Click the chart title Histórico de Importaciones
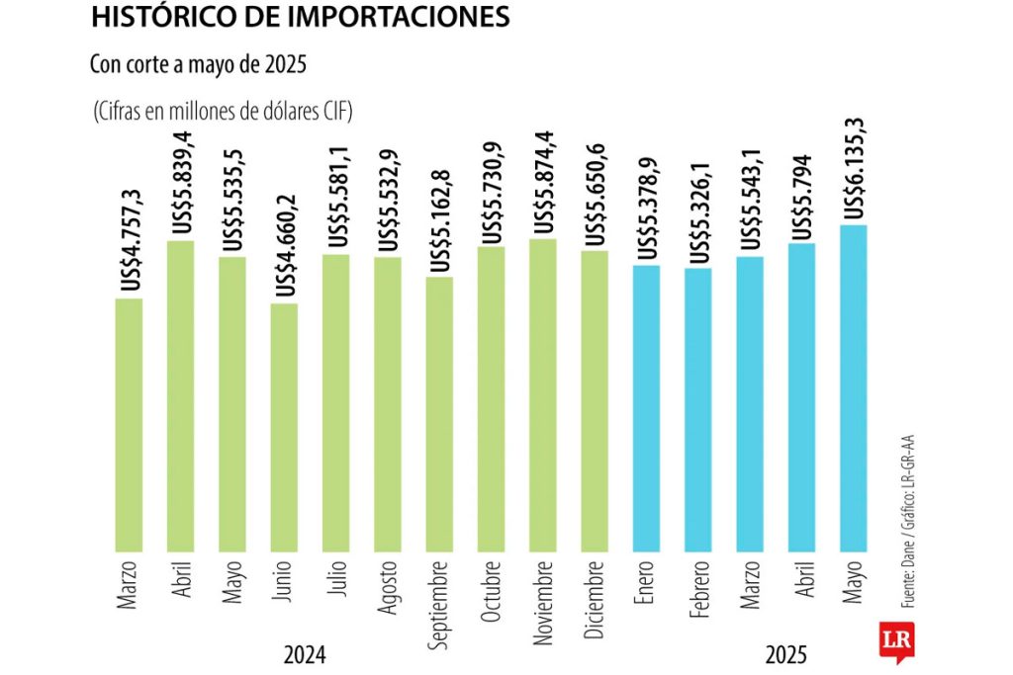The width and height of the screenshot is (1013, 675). [x=301, y=17]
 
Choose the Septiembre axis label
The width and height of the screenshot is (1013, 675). [x=439, y=605]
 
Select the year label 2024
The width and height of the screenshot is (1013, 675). [x=305, y=654]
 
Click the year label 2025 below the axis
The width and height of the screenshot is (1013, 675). [x=785, y=654]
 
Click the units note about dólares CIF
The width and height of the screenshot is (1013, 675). [x=224, y=111]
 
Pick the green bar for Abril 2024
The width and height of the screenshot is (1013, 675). [x=181, y=394]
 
